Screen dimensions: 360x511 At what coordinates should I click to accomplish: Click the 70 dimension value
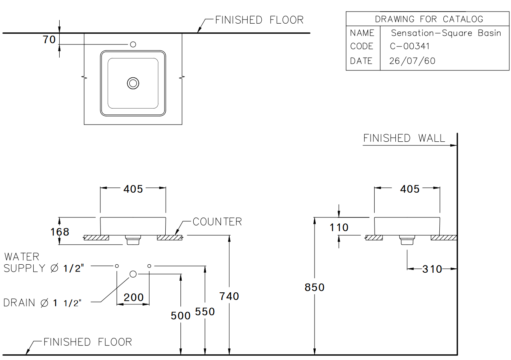click(x=49, y=40)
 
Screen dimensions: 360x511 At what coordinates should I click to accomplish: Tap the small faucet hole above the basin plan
click(x=133, y=44)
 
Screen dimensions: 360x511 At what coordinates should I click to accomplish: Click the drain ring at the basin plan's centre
click(x=133, y=83)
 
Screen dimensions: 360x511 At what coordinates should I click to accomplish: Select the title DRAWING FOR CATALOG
click(x=429, y=19)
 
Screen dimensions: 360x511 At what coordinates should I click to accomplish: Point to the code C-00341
click(x=410, y=46)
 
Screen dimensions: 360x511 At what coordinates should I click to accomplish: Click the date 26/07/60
click(x=412, y=61)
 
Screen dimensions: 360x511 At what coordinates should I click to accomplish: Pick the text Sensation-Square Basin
click(x=446, y=33)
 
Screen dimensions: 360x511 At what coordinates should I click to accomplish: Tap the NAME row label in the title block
click(x=362, y=33)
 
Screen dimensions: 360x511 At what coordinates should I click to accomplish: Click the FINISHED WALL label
click(x=404, y=139)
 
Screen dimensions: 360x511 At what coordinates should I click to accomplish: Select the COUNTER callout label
click(x=217, y=222)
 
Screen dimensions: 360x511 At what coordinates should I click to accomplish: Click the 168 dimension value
click(x=60, y=232)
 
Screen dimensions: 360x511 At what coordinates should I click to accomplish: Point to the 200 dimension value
click(x=134, y=298)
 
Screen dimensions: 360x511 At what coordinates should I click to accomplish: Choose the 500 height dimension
click(x=180, y=316)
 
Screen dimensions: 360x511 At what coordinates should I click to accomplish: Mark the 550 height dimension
click(x=205, y=312)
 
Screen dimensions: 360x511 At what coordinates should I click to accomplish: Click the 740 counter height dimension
click(x=229, y=296)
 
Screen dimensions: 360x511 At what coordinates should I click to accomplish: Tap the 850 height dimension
click(x=315, y=288)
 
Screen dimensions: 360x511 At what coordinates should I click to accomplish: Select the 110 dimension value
click(x=339, y=227)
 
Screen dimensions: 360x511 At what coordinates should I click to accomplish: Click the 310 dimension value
click(x=432, y=269)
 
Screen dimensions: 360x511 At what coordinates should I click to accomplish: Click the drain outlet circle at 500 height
click(x=133, y=274)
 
